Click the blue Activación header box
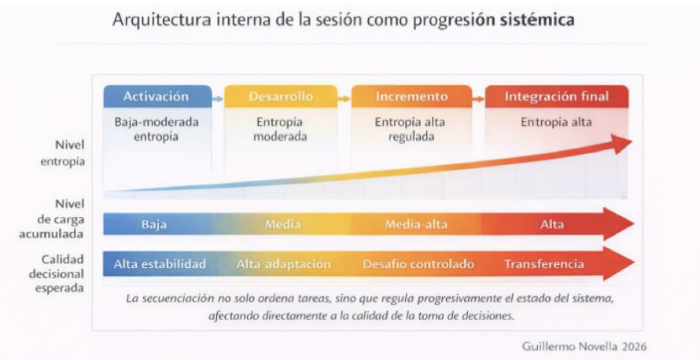point(157,97)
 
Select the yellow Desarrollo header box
point(281,97)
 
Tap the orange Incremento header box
point(411,97)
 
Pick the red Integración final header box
point(557,97)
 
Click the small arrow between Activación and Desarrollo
point(218,99)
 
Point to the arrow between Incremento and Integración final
point(478,99)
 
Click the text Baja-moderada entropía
point(157,130)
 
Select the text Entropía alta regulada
point(410,130)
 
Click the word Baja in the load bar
point(154,224)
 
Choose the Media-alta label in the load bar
point(416,224)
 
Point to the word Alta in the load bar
point(552,224)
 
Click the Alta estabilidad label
point(160,264)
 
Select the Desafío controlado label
point(418,264)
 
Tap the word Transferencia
point(544,264)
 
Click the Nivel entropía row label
point(63,153)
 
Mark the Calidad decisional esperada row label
point(57,274)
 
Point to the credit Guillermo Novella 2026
point(584,347)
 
